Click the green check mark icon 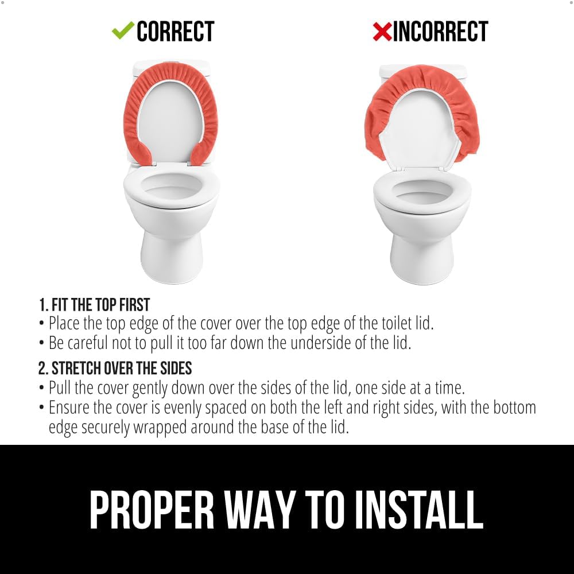[x=123, y=30]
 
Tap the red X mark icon [x=382, y=32]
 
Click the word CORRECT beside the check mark [x=175, y=32]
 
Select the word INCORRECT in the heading [x=440, y=32]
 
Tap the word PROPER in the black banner [x=152, y=510]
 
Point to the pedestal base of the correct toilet [x=172, y=256]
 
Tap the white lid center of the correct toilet [x=170, y=121]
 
